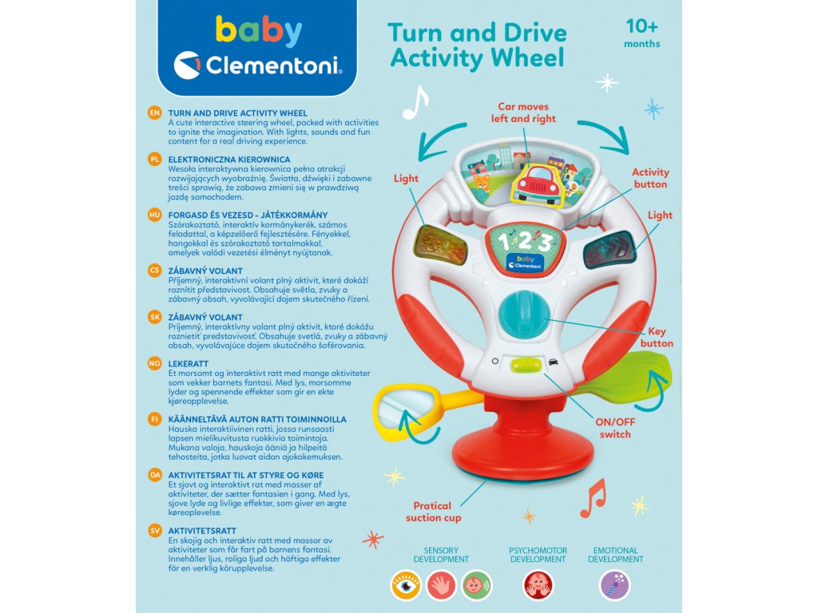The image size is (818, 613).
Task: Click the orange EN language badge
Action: coord(156,113)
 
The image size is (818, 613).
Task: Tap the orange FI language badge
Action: coord(156,418)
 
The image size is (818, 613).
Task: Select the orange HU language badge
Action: coord(156,215)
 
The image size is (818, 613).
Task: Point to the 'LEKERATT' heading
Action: coord(189,363)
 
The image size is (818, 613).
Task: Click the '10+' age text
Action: coord(642,26)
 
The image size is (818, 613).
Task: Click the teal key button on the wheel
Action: coord(520,316)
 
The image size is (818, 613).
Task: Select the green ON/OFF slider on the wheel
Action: coord(525,364)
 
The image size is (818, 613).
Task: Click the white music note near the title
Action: coord(415,103)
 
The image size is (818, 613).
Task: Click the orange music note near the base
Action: coord(592,498)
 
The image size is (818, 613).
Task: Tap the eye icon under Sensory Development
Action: coord(407,585)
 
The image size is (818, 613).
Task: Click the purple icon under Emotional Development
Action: coord(614,585)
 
